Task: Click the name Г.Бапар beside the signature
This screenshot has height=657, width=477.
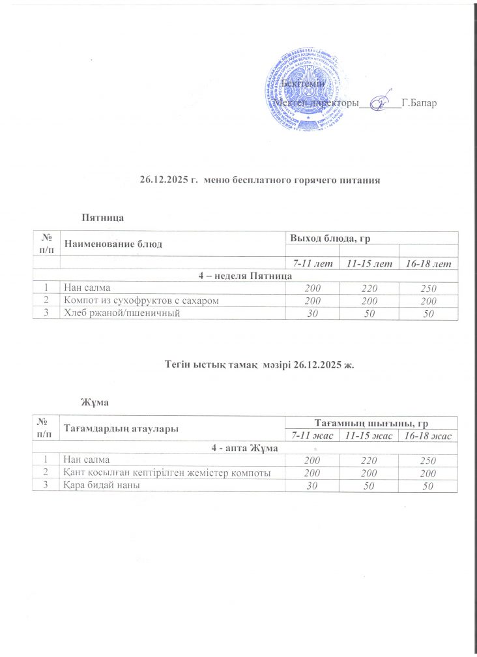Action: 420,103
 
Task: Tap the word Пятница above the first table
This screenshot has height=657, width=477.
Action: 102,216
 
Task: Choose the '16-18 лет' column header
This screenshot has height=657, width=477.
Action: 427,263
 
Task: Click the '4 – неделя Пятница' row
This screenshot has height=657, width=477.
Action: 244,276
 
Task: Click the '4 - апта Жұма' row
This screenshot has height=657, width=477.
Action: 244,448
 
